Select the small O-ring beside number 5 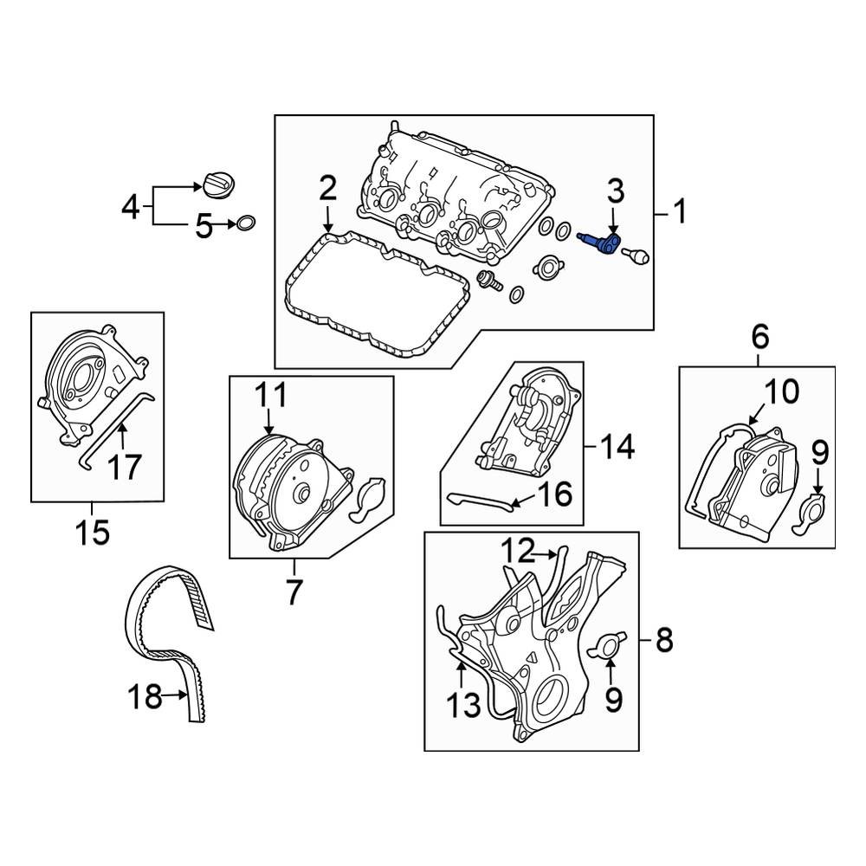pyautogui.click(x=246, y=225)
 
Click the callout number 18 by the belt pyautogui.click(x=145, y=695)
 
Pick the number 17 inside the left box pyautogui.click(x=123, y=468)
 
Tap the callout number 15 pyautogui.click(x=92, y=531)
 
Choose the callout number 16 pyautogui.click(x=554, y=494)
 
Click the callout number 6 pyautogui.click(x=759, y=335)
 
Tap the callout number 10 pyautogui.click(x=781, y=392)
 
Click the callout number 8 pyautogui.click(x=664, y=642)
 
